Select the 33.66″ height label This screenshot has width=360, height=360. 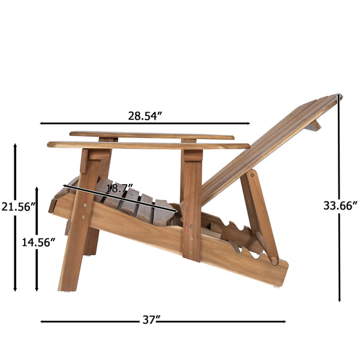click(340, 205)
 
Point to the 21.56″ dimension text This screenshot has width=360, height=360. click(19, 207)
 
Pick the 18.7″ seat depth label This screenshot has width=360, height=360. click(120, 188)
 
